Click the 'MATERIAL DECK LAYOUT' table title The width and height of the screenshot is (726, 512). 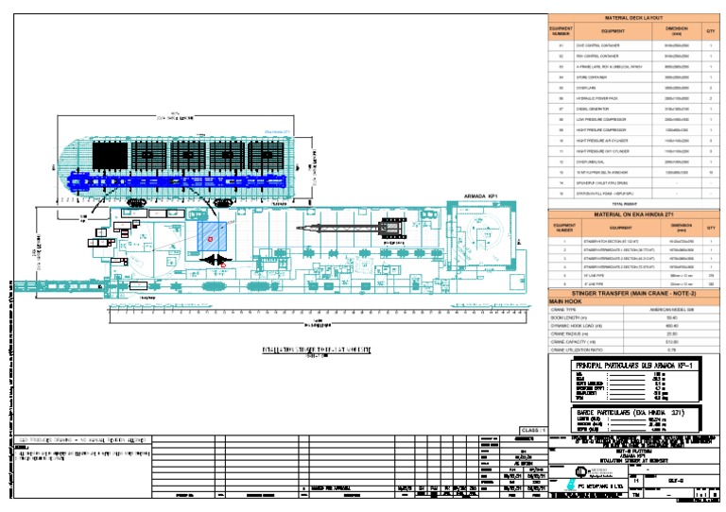click(634, 18)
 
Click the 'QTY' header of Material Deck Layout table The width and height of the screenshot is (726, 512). click(711, 31)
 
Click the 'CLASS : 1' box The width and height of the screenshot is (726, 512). click(532, 429)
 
